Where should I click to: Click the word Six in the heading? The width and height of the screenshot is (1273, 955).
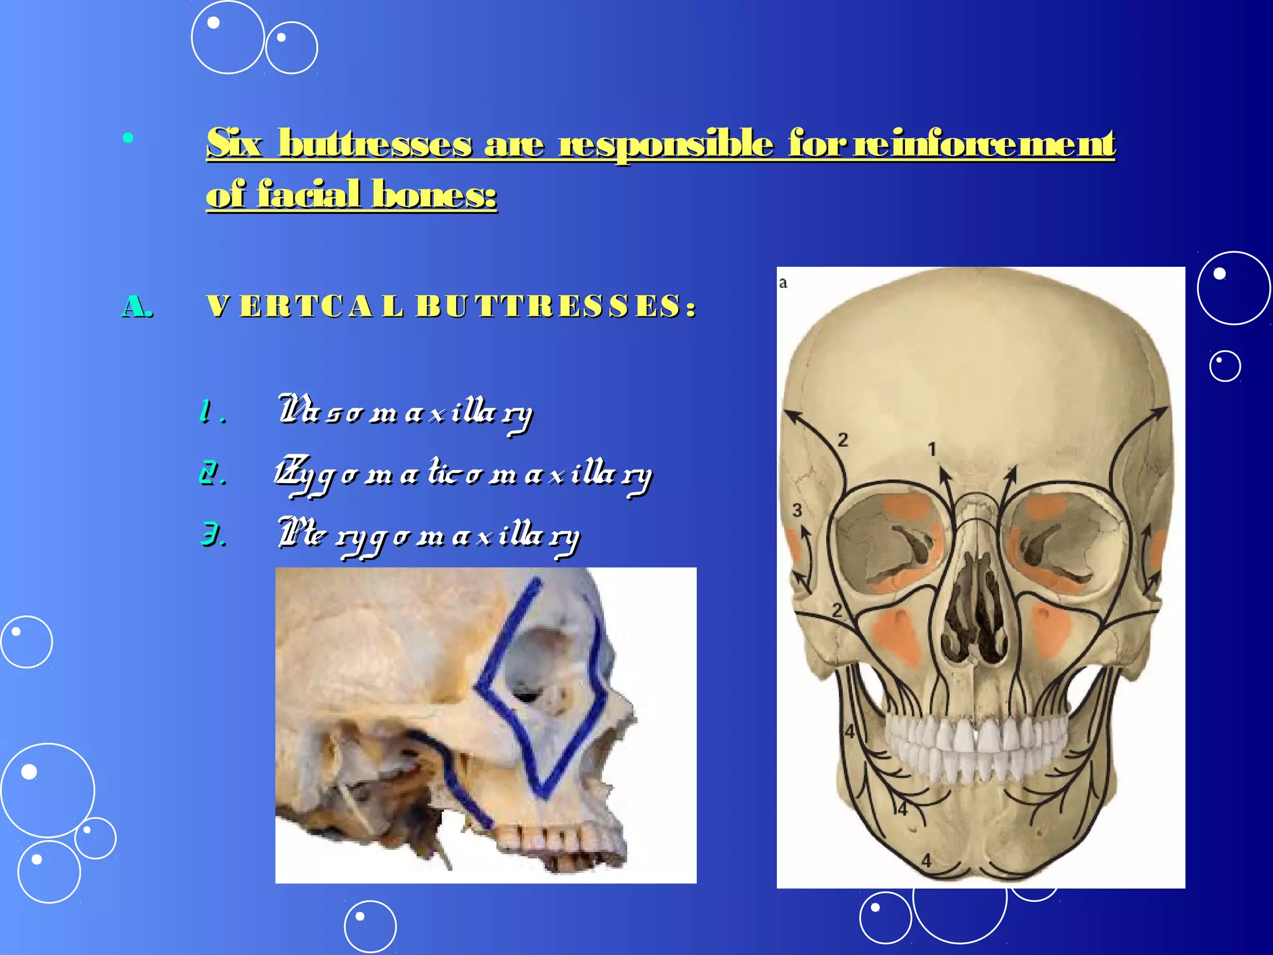pos(234,144)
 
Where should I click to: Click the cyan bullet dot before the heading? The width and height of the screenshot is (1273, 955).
pos(128,138)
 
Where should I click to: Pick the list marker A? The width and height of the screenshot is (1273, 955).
pos(137,307)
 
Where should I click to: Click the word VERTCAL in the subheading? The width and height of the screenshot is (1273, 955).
pos(305,307)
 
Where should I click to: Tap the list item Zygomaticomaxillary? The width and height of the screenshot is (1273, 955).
pos(464,475)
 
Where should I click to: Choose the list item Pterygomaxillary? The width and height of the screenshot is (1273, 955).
pos(429,536)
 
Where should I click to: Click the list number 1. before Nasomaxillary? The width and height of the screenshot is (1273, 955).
pos(211,412)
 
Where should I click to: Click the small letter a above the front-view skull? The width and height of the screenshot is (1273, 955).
pos(783,284)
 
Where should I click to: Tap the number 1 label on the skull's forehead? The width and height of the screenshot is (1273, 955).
pos(931,449)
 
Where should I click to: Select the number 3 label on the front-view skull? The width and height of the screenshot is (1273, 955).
pos(797,510)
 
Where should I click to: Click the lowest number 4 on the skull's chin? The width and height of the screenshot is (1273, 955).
pos(926,861)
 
